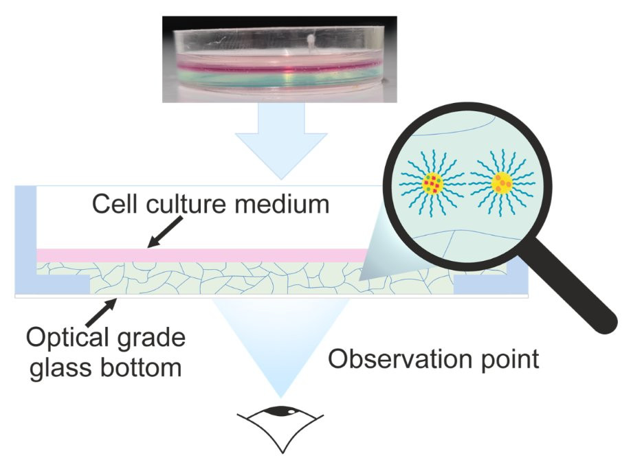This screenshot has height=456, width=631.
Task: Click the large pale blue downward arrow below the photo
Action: [280, 141]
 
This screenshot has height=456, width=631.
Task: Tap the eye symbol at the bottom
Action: [280, 424]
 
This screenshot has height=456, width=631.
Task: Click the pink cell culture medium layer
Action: [206, 255]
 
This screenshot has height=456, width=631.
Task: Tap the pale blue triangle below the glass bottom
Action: [280, 343]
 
